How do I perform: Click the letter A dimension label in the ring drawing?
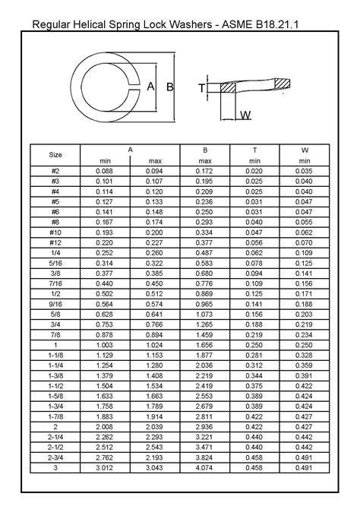(150, 87)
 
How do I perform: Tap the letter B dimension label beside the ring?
(169, 87)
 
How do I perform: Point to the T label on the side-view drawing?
(202, 88)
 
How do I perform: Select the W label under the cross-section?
(245, 115)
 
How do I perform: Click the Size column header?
(55, 155)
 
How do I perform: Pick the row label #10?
(55, 230)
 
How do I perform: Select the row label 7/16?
(55, 283)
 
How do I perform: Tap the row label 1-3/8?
(55, 376)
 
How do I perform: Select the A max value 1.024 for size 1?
(155, 345)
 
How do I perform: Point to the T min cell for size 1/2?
(254, 292)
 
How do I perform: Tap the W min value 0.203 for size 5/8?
(305, 314)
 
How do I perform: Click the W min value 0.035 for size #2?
(305, 172)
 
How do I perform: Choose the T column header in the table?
(254, 150)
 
